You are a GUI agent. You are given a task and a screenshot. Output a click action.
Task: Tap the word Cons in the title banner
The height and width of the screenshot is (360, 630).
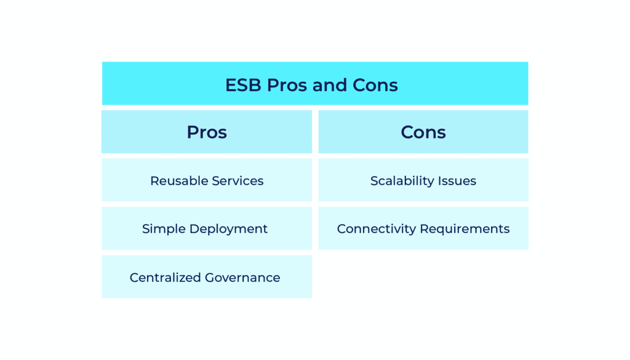[x=375, y=85]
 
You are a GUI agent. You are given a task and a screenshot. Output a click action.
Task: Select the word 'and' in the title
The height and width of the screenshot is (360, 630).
[x=329, y=85]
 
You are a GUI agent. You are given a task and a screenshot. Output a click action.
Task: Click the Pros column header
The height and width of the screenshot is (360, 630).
[x=207, y=132]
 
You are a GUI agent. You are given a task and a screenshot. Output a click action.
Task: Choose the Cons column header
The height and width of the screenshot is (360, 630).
[x=423, y=132]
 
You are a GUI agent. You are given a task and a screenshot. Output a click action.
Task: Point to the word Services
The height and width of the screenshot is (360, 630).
[x=237, y=181]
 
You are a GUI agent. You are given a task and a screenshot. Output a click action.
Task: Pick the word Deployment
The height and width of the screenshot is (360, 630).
[x=228, y=230]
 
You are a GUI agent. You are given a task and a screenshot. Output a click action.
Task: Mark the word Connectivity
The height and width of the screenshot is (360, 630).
[x=376, y=229]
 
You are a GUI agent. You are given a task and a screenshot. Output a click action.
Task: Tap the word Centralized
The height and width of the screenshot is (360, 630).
[x=165, y=278]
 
